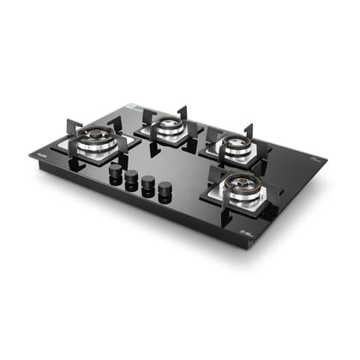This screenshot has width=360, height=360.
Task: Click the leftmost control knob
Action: (x=115, y=172)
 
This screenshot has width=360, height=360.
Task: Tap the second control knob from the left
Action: (x=132, y=178)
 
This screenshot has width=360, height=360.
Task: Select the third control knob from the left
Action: (x=148, y=184)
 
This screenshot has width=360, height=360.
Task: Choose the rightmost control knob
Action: (x=165, y=190)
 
